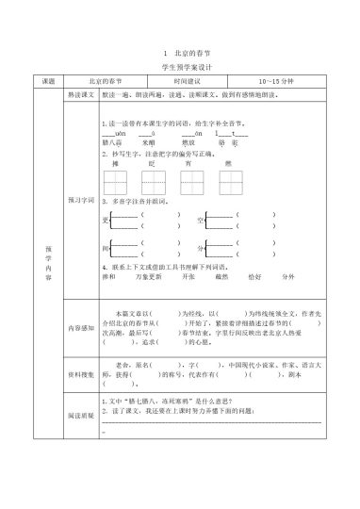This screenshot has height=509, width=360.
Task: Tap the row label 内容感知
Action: coord(78,327)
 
